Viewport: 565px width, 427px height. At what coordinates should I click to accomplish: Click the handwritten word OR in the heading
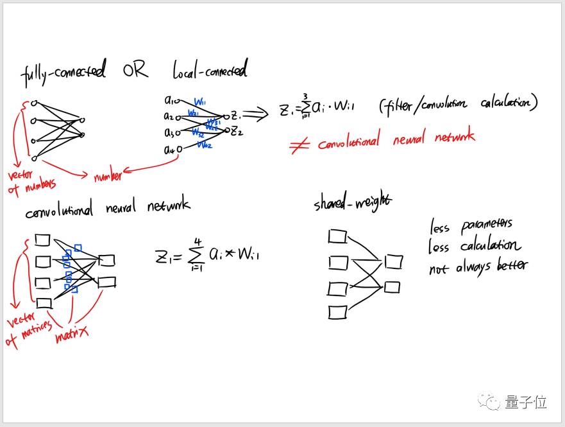tap(136, 71)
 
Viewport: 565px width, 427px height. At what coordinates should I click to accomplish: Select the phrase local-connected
tap(210, 69)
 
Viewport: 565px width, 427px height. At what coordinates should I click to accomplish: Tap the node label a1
tap(171, 100)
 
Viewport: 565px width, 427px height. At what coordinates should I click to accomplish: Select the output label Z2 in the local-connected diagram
tap(237, 132)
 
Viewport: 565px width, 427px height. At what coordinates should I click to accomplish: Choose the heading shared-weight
tap(352, 202)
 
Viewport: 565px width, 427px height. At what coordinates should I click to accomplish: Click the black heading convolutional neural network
tap(107, 207)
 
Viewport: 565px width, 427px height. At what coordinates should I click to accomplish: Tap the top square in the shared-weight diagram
tap(337, 237)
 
